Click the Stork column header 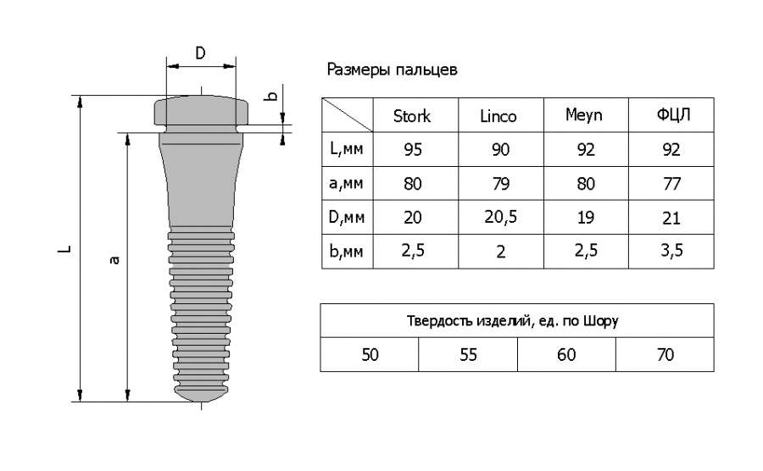coord(412,116)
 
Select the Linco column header coord(498,116)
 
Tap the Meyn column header coord(584,115)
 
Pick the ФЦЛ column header coord(673,115)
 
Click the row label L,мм coord(347,148)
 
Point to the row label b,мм coord(347,251)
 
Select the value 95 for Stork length coord(413,150)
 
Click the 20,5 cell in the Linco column coord(500,217)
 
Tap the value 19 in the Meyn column coord(585,217)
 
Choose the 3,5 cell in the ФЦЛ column coord(671,251)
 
